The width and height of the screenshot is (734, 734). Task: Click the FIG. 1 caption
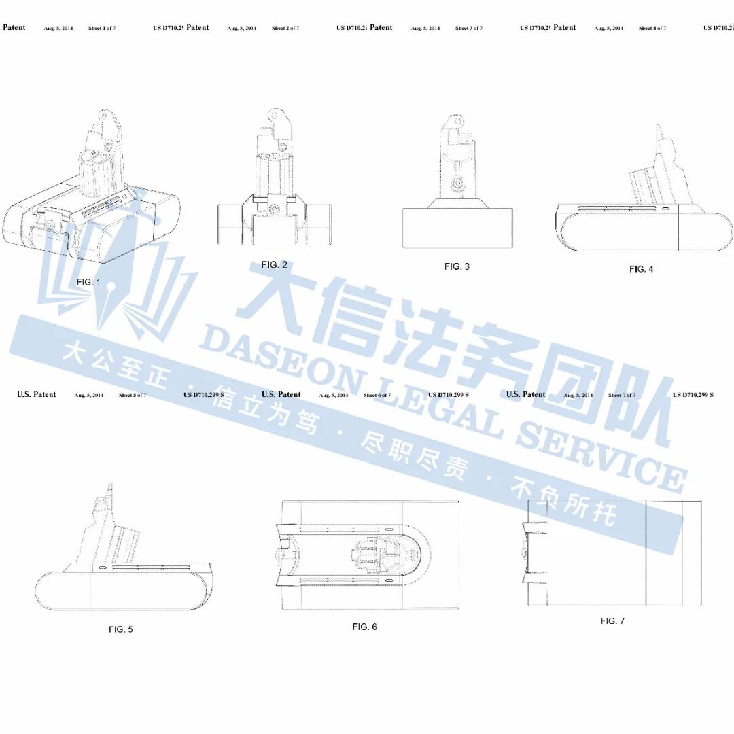click(x=88, y=281)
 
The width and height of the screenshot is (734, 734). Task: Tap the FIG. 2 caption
click(x=274, y=265)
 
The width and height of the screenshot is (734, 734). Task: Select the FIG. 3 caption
click(x=457, y=266)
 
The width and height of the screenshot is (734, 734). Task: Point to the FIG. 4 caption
click(x=641, y=269)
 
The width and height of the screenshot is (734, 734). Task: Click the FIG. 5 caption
click(x=121, y=629)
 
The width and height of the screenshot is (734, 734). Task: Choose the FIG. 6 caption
click(x=364, y=627)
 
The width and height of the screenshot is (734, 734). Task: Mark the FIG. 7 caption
click(x=612, y=621)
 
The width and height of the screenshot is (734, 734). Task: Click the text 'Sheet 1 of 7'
click(x=102, y=29)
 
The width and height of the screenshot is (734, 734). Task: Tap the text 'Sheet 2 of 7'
click(x=285, y=29)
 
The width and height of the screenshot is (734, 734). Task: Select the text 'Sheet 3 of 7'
click(x=469, y=29)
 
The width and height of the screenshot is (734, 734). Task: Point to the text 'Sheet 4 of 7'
click(x=652, y=29)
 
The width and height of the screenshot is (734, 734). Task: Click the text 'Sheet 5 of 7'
click(x=133, y=395)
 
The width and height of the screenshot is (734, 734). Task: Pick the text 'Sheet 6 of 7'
click(x=377, y=395)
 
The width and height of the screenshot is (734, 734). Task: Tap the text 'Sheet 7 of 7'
click(x=622, y=395)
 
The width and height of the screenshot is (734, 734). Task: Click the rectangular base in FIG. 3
click(x=456, y=228)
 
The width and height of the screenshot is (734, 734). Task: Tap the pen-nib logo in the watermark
click(x=109, y=272)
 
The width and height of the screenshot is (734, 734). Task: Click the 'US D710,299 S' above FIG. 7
click(x=693, y=395)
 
